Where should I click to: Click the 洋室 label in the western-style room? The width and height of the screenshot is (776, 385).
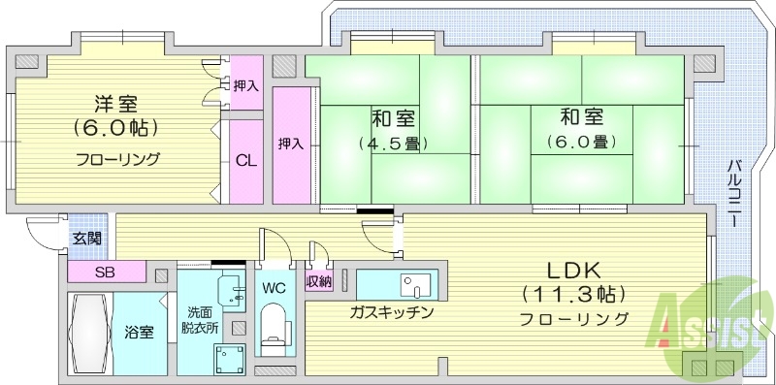coord(114,102)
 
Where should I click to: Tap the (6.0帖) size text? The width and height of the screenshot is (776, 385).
coord(114,128)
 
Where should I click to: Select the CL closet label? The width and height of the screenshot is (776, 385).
coord(246,162)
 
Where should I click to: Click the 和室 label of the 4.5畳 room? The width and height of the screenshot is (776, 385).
coord(394,119)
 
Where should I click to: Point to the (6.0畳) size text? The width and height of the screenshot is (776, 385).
coord(582,143)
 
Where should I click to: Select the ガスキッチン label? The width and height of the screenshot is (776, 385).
coord(392,313)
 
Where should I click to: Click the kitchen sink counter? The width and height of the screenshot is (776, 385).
coord(398,284)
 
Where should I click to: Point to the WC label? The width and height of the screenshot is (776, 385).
coord(273,287)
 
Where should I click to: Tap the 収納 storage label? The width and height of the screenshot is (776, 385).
coord(319,282)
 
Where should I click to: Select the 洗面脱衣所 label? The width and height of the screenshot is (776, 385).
coord(205,319)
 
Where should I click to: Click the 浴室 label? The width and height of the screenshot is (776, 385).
coord(139,333)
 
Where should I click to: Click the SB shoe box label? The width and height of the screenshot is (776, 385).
coord(105,271)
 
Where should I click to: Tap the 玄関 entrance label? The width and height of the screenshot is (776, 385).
coord(84,239)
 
